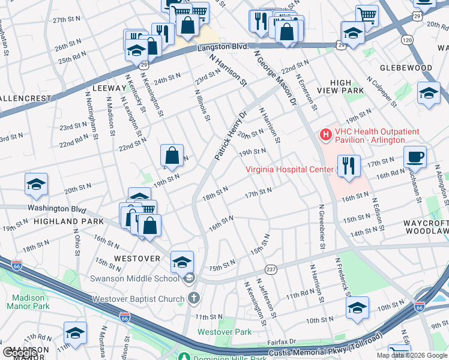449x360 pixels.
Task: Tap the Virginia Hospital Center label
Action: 289,169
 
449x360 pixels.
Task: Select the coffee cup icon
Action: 415,158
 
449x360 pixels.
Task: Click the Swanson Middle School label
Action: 134,278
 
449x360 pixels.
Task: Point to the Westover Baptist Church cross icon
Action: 193,298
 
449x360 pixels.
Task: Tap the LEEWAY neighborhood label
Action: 109,88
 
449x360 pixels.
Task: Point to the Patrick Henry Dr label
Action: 231,135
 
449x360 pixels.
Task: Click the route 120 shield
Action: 408,40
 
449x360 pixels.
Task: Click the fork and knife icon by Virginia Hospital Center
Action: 349,165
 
